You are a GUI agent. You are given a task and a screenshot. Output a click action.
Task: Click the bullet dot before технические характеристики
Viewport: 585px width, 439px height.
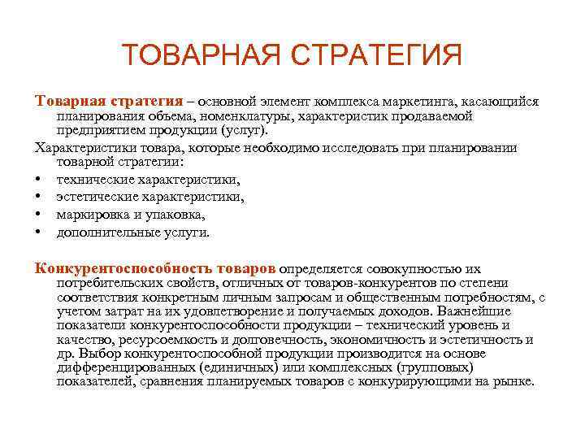coord(38,180)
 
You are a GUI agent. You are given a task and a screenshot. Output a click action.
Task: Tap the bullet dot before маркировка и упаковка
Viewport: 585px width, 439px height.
coord(38,215)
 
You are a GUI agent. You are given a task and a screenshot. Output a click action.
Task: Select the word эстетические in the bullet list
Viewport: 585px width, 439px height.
coord(93,198)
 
